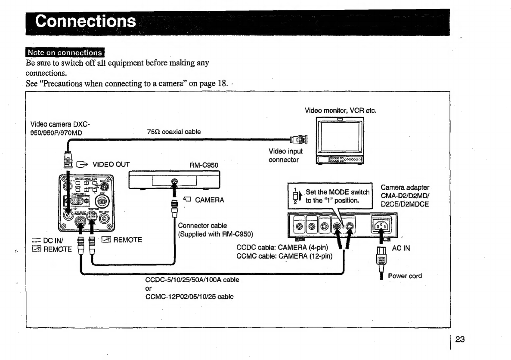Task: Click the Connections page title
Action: click(86, 22)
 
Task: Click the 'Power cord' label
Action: click(405, 276)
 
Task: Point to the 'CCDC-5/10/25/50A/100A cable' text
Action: click(192, 280)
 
